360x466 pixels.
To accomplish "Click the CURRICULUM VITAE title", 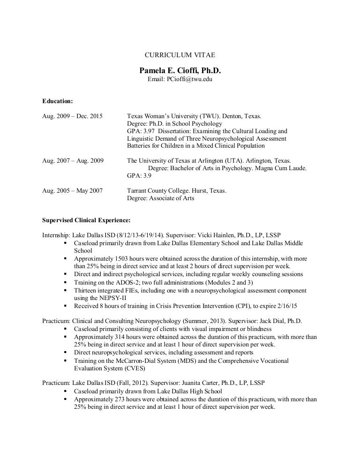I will (x=180, y=55).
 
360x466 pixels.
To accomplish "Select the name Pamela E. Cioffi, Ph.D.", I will (x=180, y=70).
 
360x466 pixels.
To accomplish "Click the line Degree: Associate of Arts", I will (x=160, y=198).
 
